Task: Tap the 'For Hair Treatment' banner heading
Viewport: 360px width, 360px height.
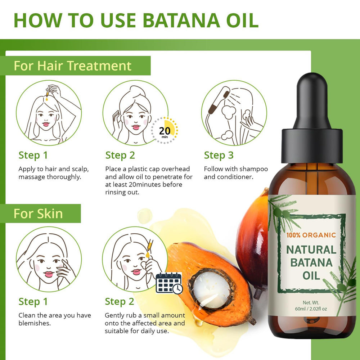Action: (x=73, y=66)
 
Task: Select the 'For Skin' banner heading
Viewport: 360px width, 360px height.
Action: (x=38, y=213)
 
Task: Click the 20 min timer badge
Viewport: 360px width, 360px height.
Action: (x=165, y=131)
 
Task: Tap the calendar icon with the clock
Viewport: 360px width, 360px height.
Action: (x=169, y=283)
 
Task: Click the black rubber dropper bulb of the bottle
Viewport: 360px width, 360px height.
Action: (x=312, y=101)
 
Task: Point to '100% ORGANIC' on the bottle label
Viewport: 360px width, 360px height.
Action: (x=311, y=235)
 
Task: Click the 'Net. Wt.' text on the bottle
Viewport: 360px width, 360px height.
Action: (x=311, y=303)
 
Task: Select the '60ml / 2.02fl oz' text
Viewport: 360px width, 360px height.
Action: (x=311, y=309)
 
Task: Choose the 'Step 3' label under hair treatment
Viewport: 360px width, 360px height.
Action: (x=219, y=155)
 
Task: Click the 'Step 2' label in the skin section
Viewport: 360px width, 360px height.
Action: (x=120, y=302)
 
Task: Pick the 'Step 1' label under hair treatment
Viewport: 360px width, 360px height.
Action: (x=33, y=155)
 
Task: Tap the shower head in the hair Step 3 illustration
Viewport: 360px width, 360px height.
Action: (x=219, y=100)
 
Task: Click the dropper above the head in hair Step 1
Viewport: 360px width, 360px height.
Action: (x=47, y=94)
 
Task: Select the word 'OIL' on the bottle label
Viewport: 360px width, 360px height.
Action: (x=311, y=275)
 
